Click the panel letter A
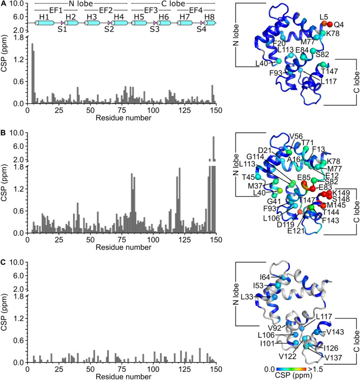tap(4, 4)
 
